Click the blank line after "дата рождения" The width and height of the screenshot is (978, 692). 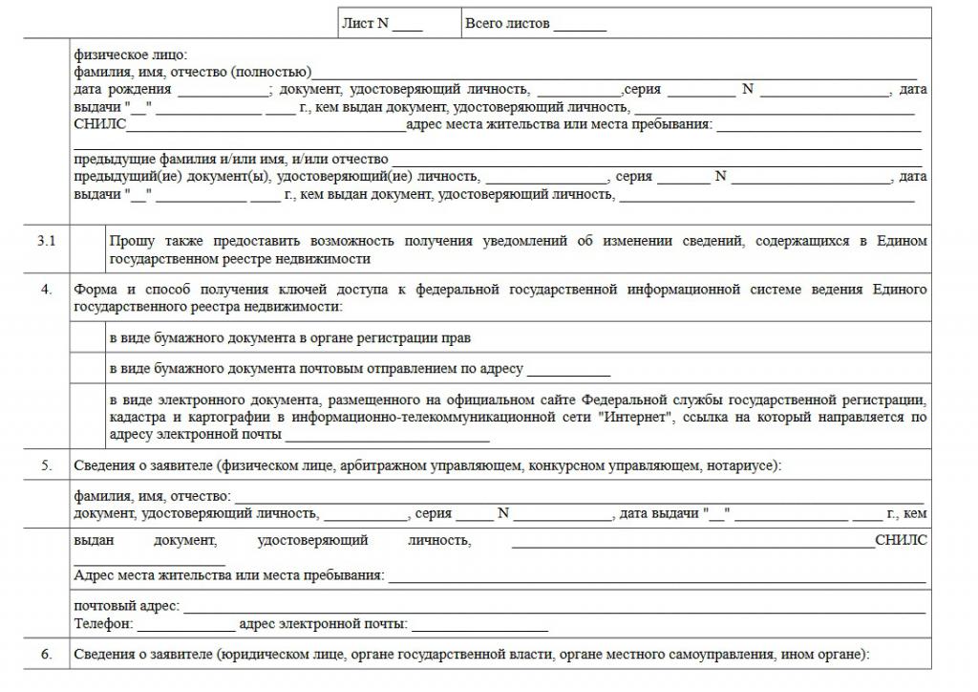pyautogui.click(x=223, y=90)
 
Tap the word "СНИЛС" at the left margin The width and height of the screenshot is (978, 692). pyautogui.click(x=99, y=124)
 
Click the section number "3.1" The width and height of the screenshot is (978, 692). pyautogui.click(x=46, y=242)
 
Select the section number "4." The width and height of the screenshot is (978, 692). pyautogui.click(x=46, y=290)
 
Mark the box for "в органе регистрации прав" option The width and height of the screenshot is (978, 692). pyautogui.click(x=88, y=338)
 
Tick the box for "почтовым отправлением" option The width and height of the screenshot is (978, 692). pyautogui.click(x=88, y=369)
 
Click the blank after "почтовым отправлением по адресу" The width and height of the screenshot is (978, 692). pyautogui.click(x=568, y=371)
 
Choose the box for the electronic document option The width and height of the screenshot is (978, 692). pyautogui.click(x=88, y=417)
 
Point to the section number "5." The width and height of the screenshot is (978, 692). pyautogui.click(x=46, y=465)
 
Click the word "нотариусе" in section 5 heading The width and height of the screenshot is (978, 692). pyautogui.click(x=743, y=465)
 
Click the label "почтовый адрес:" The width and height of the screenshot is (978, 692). pyautogui.click(x=127, y=607)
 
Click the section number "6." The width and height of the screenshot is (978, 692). pyautogui.click(x=46, y=655)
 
